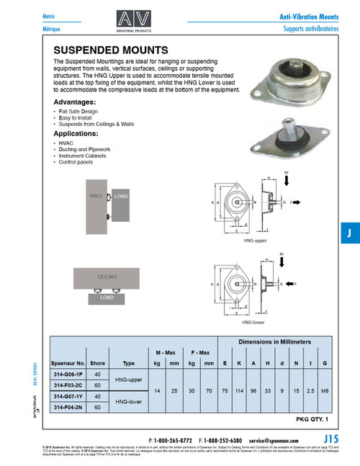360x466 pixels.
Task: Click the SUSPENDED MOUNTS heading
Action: (111, 51)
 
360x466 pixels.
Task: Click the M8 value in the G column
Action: (326, 391)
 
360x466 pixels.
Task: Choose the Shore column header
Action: (97, 364)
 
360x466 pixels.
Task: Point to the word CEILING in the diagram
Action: (107, 276)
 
